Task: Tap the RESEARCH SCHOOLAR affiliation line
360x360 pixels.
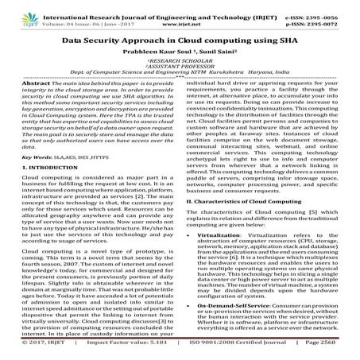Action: tap(180, 62)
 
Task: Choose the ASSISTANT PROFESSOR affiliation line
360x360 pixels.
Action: tap(180, 68)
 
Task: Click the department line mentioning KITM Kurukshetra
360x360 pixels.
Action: tap(180, 75)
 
